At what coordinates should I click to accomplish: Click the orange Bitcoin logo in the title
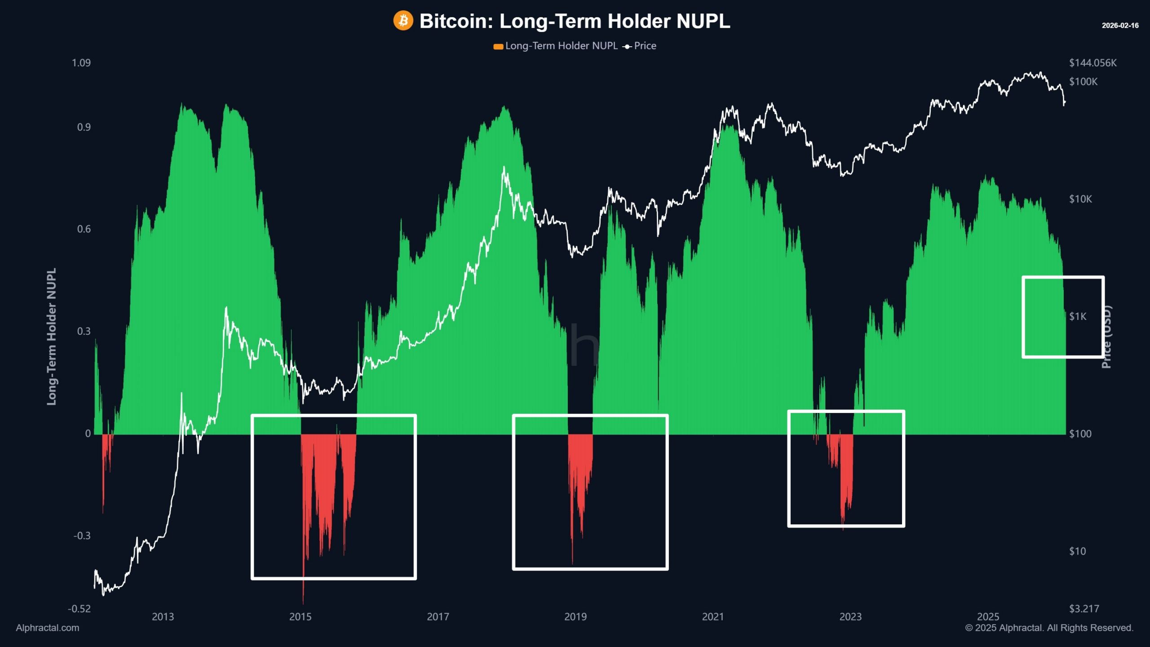pyautogui.click(x=403, y=21)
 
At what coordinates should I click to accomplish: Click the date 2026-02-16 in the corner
pyautogui.click(x=1120, y=26)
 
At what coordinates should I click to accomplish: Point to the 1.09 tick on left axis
pyautogui.click(x=81, y=63)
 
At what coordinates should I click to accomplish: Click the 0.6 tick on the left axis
pyautogui.click(x=84, y=229)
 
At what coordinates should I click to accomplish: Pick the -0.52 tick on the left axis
pyautogui.click(x=79, y=609)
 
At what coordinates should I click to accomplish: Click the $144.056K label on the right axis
pyautogui.click(x=1092, y=63)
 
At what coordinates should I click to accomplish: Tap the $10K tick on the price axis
pyautogui.click(x=1080, y=199)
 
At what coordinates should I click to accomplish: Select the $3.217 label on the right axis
pyautogui.click(x=1084, y=609)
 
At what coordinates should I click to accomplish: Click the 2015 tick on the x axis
pyautogui.click(x=300, y=616)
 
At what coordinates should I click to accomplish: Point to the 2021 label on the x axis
pyautogui.click(x=713, y=616)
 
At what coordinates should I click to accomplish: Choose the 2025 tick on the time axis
pyautogui.click(x=988, y=616)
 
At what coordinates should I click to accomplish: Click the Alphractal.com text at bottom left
pyautogui.click(x=48, y=628)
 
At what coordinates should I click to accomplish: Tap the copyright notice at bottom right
pyautogui.click(x=1049, y=628)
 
